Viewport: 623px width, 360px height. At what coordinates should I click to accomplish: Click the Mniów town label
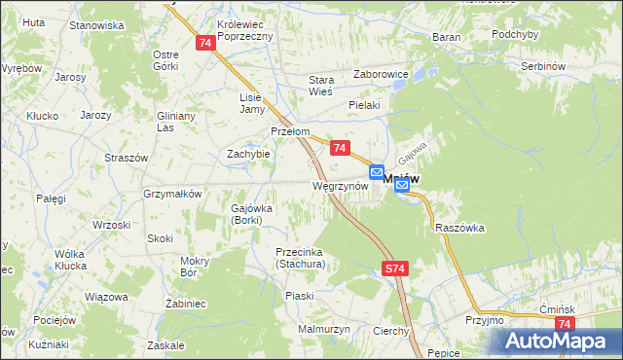pyautogui.click(x=414, y=180)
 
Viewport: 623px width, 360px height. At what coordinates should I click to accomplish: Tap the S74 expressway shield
pyautogui.click(x=393, y=268)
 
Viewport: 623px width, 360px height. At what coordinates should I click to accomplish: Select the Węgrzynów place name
pyautogui.click(x=339, y=185)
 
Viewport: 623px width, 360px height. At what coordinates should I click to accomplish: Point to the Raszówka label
pyautogui.click(x=460, y=228)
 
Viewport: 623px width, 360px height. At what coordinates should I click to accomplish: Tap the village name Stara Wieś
pyautogui.click(x=321, y=86)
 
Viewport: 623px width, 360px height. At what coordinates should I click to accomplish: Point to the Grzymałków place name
pyautogui.click(x=172, y=194)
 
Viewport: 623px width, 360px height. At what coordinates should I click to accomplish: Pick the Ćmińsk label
pyautogui.click(x=560, y=308)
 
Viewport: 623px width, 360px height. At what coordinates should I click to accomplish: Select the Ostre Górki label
pyautogui.click(x=165, y=60)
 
